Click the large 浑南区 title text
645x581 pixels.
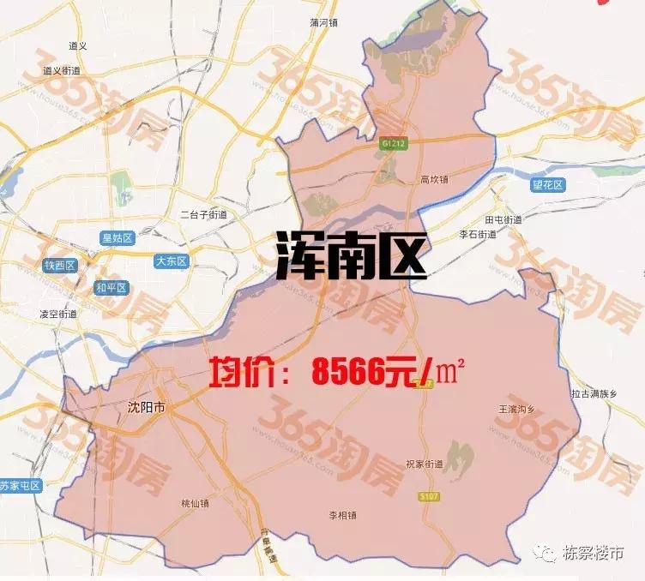point(351,256)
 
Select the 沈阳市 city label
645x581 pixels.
point(145,408)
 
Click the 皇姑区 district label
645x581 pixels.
point(116,238)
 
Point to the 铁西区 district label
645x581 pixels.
point(60,266)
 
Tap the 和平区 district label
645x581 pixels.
point(112,288)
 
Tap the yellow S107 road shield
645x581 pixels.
point(430,496)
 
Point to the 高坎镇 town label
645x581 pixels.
point(435,180)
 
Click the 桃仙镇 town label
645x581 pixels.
point(195,504)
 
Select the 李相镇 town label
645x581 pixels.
point(342,515)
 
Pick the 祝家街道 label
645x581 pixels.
point(425,464)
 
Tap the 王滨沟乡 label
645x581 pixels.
point(516,409)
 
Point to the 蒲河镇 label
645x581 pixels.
point(325,23)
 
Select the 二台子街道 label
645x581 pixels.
point(203,214)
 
